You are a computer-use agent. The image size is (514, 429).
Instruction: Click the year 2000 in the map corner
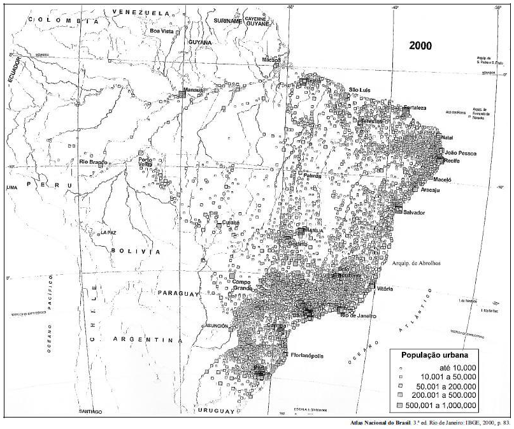click(420, 46)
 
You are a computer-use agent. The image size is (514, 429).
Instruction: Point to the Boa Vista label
click(162, 30)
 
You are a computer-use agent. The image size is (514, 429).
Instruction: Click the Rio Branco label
click(92, 162)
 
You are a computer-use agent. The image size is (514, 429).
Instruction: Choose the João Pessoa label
click(460, 153)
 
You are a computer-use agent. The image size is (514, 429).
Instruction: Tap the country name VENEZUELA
click(142, 13)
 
